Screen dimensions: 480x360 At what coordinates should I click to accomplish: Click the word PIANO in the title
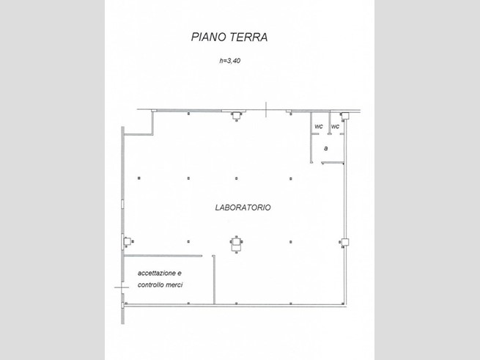pos(209,37)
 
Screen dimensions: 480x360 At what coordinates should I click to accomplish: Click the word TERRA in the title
pos(248,37)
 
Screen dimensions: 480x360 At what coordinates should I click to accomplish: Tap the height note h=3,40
pos(230,61)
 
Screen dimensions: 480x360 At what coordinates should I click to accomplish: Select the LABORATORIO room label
pos(243,207)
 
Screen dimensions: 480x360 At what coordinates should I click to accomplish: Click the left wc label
pos(319,126)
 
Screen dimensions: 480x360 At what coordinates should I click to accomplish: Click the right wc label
pos(335,126)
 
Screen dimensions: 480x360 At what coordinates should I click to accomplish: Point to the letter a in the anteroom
pos(325,148)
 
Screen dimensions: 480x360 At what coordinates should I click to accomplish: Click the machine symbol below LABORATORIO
pos(236,244)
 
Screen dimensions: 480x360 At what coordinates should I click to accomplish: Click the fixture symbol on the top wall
pos(236,116)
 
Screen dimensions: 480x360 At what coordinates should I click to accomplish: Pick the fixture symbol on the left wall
pos(128,242)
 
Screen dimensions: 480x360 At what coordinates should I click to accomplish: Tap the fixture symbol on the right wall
pos(344,243)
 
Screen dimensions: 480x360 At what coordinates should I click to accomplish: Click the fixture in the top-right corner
pos(344,116)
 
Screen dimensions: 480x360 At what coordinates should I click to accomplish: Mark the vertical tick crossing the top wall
pos(266,110)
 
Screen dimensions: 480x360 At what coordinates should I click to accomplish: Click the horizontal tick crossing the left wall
pos(122,287)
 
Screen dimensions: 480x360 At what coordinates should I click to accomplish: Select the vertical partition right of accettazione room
pos(214,280)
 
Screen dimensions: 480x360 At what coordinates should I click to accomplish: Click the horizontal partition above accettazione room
pos(163,256)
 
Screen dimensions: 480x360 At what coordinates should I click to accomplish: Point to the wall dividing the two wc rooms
pos(329,123)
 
